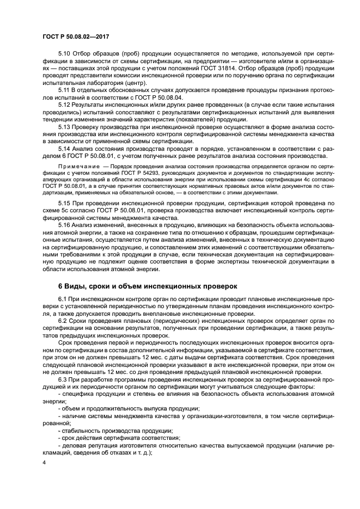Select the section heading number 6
coord(60,286)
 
